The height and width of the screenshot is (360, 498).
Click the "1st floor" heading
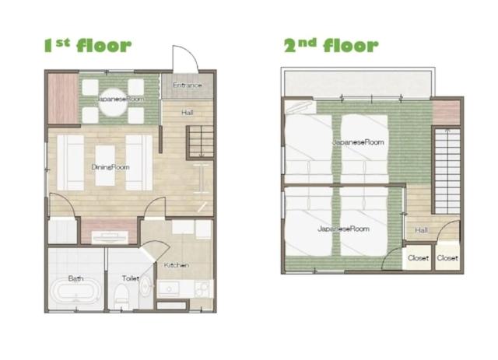coord(88,45)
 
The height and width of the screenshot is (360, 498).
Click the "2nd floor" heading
coord(331,45)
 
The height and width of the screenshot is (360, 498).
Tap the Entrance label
coord(187,85)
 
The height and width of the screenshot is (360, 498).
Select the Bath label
coord(76,278)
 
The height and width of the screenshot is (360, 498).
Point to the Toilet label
coord(131,278)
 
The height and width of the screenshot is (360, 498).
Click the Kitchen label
coord(177,265)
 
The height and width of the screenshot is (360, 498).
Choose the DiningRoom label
coord(110,167)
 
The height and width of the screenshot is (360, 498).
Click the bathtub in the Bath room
coord(76,292)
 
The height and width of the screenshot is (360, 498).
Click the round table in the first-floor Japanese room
coord(113,102)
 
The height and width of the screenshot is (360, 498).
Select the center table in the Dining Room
coord(105,166)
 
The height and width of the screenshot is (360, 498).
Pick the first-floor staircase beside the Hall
coord(201,142)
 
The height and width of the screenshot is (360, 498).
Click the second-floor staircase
coord(447,171)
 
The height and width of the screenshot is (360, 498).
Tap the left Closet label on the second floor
coord(419,258)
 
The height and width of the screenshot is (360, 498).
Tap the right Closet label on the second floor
coord(447,258)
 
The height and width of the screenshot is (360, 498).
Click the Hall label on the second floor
coord(421,230)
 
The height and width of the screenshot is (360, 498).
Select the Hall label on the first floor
coord(188,113)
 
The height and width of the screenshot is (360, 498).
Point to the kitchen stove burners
coord(202,288)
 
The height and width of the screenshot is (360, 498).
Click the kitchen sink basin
coord(169,289)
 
